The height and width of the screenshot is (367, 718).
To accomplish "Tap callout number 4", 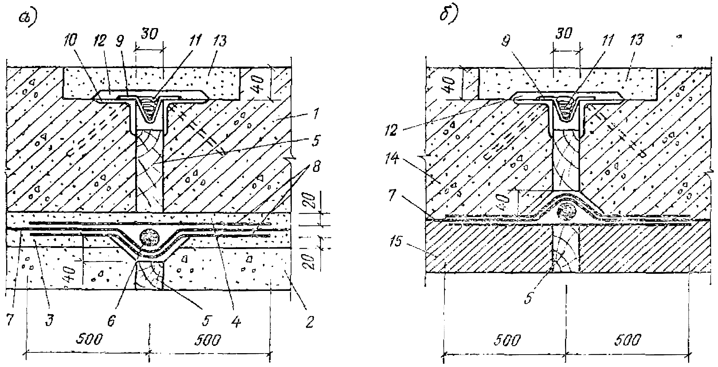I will [237, 321].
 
